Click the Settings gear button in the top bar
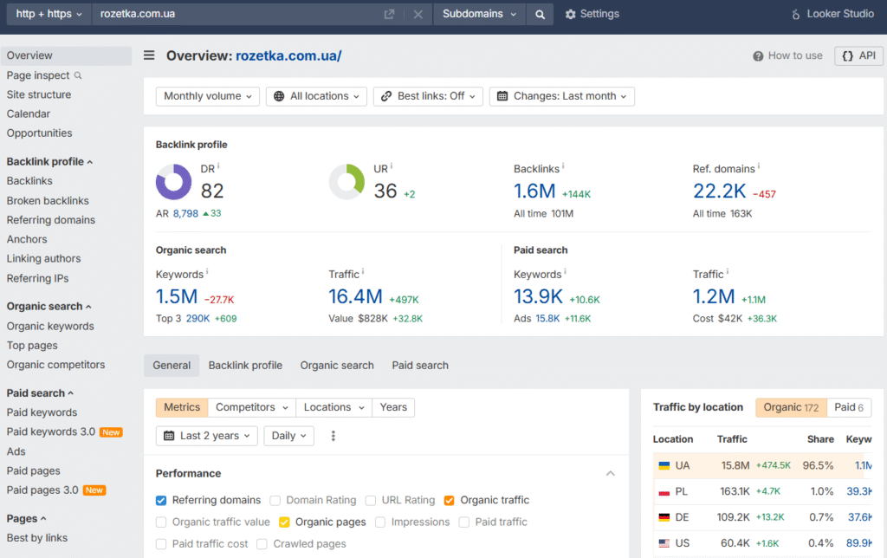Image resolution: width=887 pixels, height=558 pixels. (592, 14)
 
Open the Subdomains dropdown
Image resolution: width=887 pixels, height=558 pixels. (479, 14)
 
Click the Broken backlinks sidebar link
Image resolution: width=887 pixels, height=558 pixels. (48, 200)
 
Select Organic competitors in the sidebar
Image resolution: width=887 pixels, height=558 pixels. (55, 365)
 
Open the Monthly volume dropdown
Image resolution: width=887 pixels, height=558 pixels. (208, 96)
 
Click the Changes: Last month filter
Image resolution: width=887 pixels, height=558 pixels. (561, 96)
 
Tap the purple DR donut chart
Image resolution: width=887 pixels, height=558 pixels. (173, 182)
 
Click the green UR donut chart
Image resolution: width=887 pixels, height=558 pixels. (346, 182)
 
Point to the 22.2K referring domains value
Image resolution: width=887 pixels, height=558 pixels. (719, 191)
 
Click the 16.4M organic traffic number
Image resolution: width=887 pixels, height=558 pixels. (355, 296)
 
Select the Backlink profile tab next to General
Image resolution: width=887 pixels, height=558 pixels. (245, 366)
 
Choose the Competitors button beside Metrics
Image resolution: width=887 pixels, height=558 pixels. (251, 407)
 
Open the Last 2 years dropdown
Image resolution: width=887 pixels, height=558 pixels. (207, 436)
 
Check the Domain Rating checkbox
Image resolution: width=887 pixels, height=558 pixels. (275, 500)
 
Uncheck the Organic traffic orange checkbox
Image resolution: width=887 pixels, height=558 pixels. (449, 500)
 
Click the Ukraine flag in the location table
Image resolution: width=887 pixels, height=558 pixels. (664, 465)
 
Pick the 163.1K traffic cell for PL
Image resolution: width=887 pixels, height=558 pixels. (735, 491)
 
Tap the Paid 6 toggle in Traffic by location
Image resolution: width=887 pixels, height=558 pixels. (848, 407)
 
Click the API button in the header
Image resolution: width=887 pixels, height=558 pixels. (858, 55)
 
